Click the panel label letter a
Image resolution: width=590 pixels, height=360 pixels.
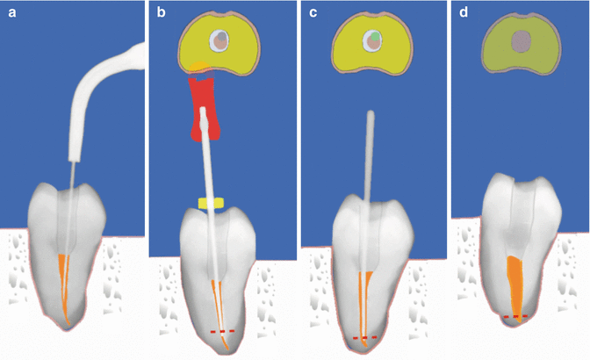[x=13, y=13]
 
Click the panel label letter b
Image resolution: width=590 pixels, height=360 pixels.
[x=161, y=13]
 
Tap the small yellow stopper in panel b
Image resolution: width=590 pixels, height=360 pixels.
[x=211, y=204]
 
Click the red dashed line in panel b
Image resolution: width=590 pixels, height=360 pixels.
[x=224, y=331]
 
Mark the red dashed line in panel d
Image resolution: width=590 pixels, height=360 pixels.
[x=515, y=315]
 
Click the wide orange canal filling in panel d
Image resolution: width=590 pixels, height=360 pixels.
[x=517, y=281]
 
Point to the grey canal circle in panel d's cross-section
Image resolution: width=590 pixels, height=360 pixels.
[x=523, y=40]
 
